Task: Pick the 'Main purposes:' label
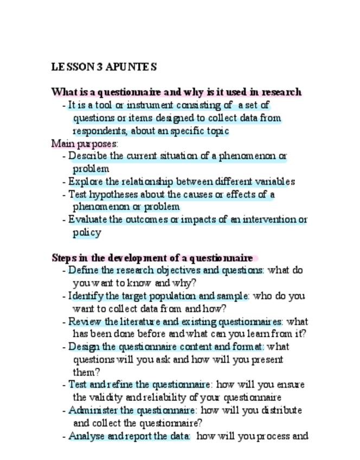[x=85, y=144]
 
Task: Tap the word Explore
[x=85, y=182]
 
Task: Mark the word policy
[x=87, y=233]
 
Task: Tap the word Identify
[x=86, y=296]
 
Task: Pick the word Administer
[x=91, y=410]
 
